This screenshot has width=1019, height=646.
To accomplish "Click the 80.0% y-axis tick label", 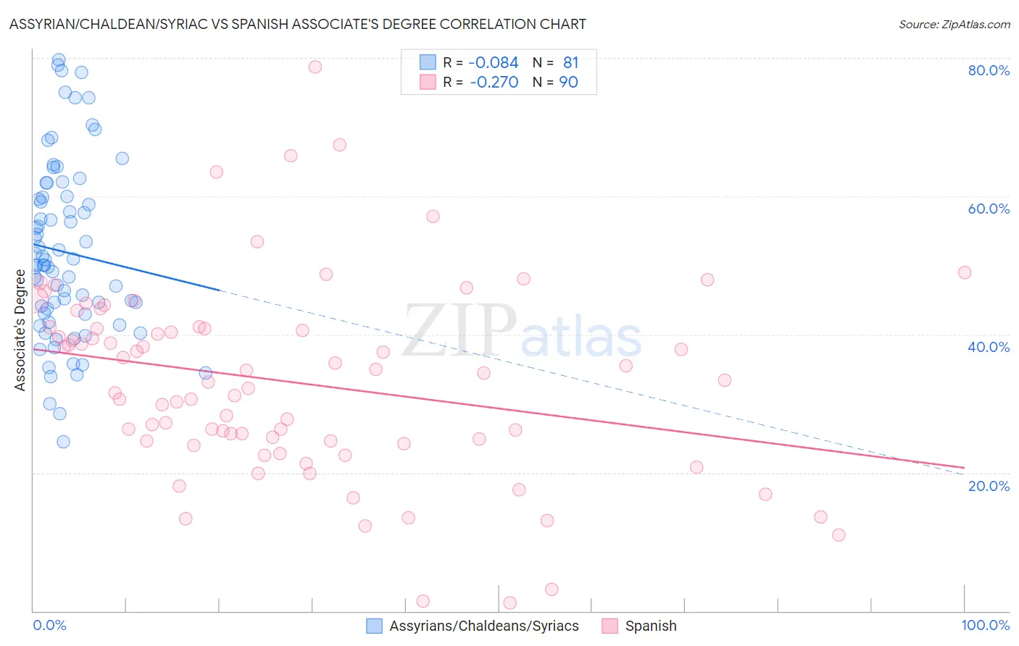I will [989, 70].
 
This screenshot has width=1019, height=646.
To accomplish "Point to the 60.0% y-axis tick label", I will [989, 209].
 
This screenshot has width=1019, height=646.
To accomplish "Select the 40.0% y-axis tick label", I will [989, 347].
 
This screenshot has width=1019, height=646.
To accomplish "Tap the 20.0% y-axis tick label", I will [989, 486].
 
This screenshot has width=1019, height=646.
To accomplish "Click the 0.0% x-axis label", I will [49, 625].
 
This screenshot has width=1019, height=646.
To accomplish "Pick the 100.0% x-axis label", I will [985, 625].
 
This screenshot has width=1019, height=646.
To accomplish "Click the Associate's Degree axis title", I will [20, 330].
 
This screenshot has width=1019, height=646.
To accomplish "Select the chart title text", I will [298, 24].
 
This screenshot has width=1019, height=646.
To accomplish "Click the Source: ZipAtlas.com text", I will [954, 25].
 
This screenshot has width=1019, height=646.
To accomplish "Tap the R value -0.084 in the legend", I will [494, 63].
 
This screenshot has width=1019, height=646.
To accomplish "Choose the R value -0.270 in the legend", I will [494, 83].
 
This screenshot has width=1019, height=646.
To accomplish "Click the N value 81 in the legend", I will [571, 63].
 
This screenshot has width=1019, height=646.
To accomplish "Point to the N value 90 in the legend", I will [569, 83].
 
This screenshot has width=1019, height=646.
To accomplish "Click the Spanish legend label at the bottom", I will [651, 626].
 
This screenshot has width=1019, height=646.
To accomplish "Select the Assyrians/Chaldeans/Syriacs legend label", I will [484, 626].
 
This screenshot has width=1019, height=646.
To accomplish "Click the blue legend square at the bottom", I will [374, 626].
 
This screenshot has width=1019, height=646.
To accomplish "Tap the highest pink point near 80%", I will [315, 67].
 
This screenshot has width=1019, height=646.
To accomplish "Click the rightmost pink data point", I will [964, 272].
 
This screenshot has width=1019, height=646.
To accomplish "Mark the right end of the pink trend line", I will [964, 468].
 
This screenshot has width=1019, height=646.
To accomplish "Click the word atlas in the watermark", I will [581, 337].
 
